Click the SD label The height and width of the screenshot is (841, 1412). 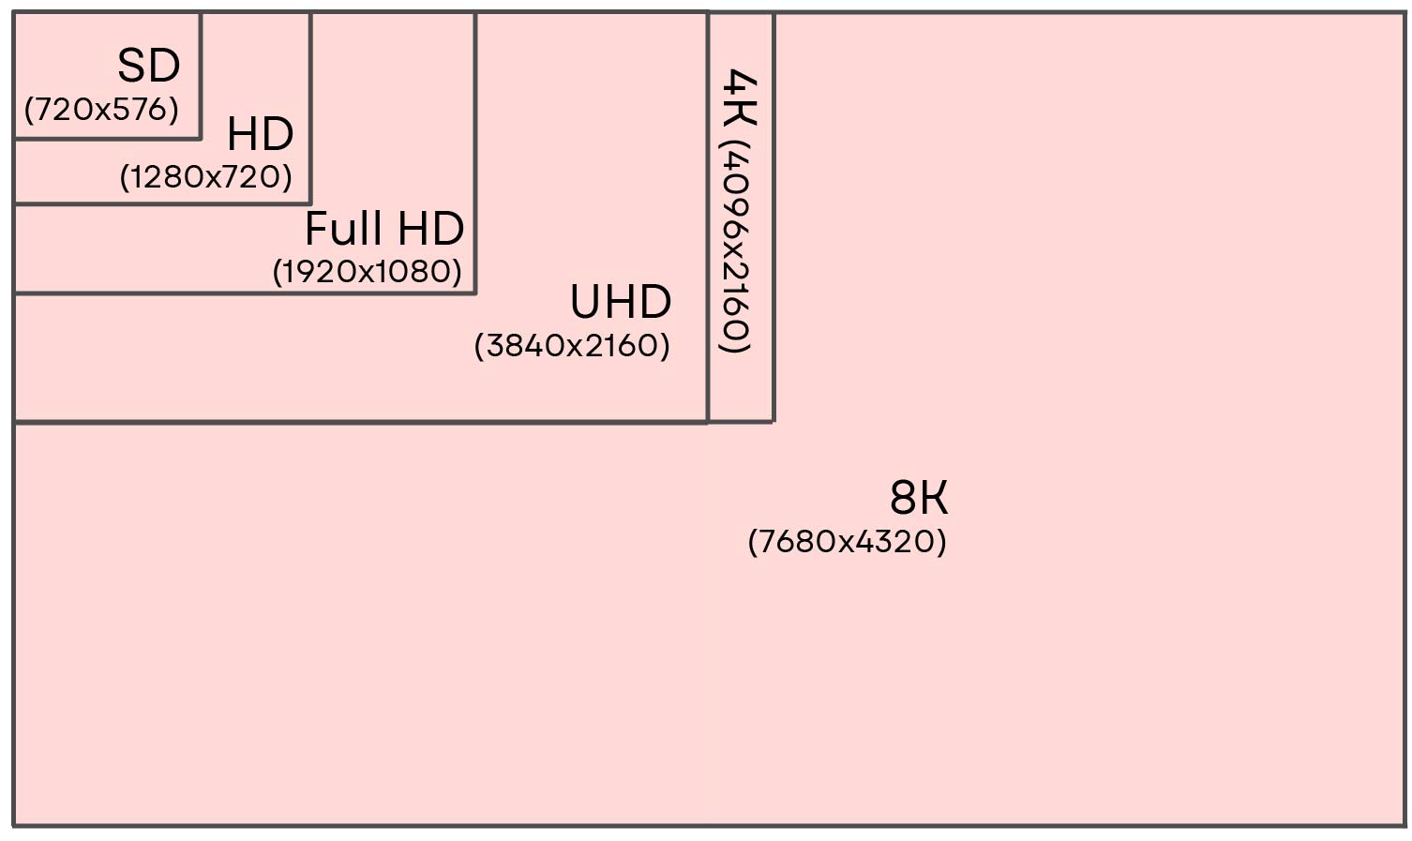point(148,67)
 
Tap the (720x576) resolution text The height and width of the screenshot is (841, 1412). point(101,110)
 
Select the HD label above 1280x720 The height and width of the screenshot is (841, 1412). point(260,135)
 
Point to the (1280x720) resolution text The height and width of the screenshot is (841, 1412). point(206,177)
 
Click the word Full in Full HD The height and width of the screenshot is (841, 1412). point(344,229)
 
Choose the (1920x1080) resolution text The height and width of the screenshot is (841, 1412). point(368,272)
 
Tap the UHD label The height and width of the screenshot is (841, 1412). point(621,303)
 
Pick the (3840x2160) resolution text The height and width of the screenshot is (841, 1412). point(572,346)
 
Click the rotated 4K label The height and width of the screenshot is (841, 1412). point(741,97)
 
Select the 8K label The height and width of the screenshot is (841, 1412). point(919,498)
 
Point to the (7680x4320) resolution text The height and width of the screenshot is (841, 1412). point(848,542)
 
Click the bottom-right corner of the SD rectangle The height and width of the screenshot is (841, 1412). point(201,138)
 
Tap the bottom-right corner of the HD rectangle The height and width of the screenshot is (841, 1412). point(310,203)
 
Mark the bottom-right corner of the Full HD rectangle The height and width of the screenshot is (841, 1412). point(475,293)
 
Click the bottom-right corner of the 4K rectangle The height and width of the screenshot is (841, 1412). point(774,421)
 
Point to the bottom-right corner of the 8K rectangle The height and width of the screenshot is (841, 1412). point(1403,825)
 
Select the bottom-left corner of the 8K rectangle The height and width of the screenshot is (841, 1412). point(14,825)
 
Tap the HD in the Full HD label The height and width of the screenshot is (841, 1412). point(430,229)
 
